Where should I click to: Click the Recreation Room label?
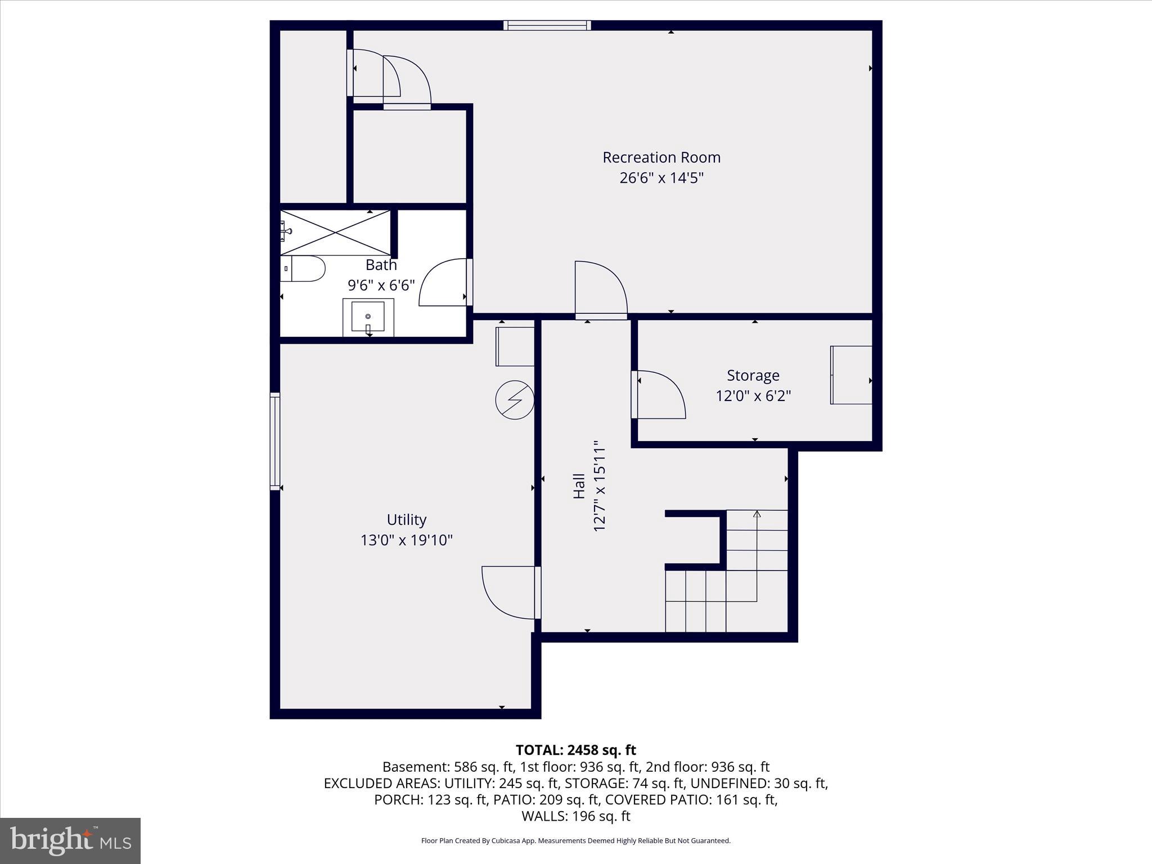[661, 157]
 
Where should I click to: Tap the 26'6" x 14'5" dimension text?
[661, 178]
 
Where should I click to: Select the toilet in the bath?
[303, 269]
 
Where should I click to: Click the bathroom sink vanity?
[368, 317]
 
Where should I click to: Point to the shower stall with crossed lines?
[335, 232]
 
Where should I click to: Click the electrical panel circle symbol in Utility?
[514, 400]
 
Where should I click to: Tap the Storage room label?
[753, 375]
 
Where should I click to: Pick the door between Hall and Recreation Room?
[600, 290]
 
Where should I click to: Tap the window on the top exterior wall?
[547, 25]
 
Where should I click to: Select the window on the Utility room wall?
[275, 441]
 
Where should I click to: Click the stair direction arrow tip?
[757, 514]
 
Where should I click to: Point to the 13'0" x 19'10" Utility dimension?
[406, 541]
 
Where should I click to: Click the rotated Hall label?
[579, 486]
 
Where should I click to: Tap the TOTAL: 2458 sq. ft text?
[575, 750]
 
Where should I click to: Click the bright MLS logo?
[70, 840]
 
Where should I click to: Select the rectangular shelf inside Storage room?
[851, 375]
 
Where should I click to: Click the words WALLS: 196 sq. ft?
[575, 816]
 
